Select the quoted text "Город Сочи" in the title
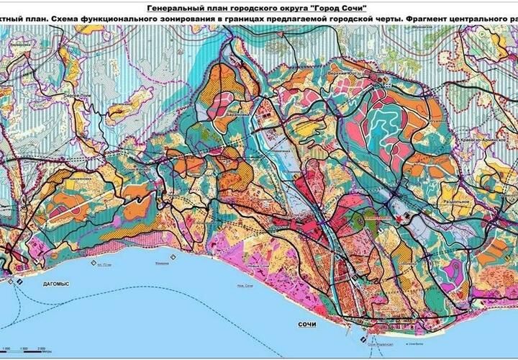pyautogui.click(x=331, y=6)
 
